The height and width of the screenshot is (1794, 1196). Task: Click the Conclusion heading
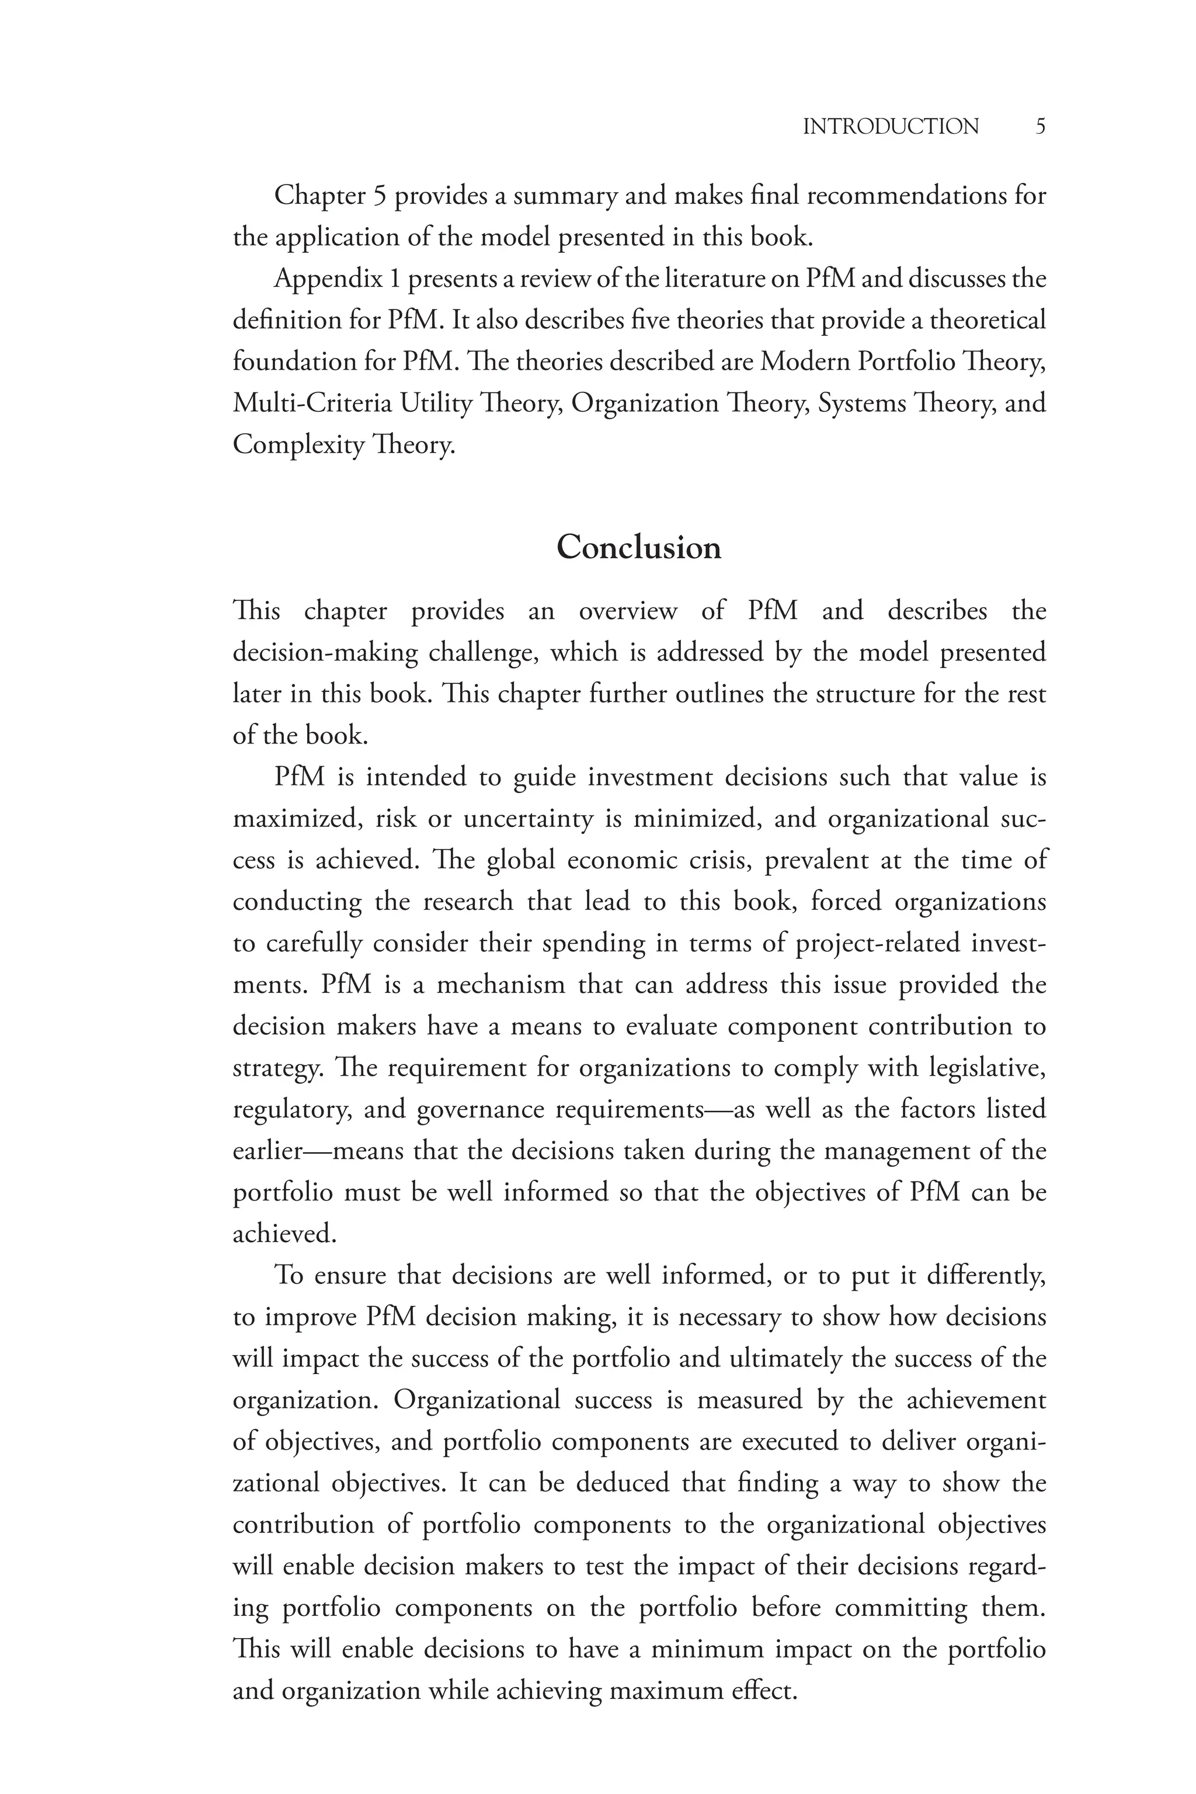point(638,548)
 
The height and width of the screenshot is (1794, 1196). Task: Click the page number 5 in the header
point(1039,127)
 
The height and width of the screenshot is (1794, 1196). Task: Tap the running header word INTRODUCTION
point(890,127)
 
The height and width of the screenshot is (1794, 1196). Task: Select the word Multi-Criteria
point(311,403)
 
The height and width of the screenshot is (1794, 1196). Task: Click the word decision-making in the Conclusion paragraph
point(325,653)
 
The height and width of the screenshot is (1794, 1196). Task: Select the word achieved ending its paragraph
point(284,1233)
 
